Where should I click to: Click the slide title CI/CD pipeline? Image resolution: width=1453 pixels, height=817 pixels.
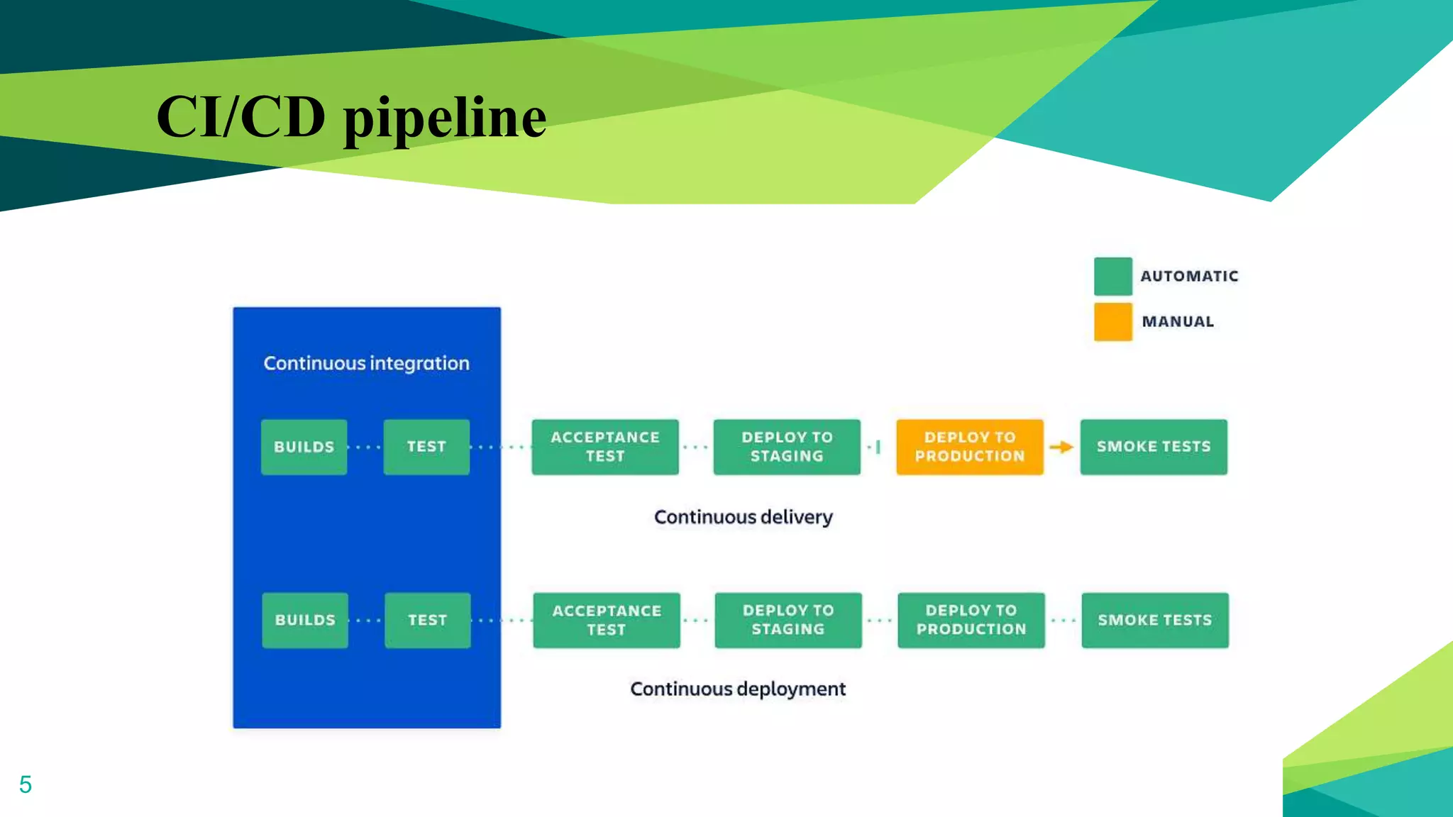click(351, 117)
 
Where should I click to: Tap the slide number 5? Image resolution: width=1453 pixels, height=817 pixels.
click(26, 784)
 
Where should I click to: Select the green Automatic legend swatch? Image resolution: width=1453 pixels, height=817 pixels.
click(1112, 277)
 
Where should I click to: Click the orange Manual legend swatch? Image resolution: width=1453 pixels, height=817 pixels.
click(1112, 322)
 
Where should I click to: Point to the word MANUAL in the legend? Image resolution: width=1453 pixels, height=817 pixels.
click(1178, 322)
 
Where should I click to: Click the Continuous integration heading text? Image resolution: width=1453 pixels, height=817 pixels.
click(366, 363)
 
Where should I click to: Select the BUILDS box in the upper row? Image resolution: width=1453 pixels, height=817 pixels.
click(304, 447)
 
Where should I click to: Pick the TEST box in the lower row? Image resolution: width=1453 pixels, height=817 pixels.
click(427, 620)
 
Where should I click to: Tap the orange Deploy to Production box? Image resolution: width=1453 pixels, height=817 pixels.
click(969, 447)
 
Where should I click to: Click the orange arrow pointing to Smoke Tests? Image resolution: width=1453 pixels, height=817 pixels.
click(1061, 447)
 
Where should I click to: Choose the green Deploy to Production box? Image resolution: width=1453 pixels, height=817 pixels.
click(971, 620)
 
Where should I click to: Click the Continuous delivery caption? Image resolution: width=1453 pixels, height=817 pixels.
click(743, 517)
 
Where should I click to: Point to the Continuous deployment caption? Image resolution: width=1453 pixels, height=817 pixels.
click(738, 689)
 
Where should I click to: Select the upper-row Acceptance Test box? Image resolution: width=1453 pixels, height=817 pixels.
click(605, 447)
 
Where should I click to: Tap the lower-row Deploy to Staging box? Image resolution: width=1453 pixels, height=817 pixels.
click(788, 620)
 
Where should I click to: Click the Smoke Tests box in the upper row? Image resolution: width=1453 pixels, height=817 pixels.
click(1154, 447)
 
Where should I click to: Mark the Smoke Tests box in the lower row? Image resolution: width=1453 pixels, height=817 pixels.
click(1154, 620)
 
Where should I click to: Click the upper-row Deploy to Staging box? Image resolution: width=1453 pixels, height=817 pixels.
click(787, 447)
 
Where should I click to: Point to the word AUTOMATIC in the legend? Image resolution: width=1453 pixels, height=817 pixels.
click(1189, 277)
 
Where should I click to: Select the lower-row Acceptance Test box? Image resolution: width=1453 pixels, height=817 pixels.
click(607, 620)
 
